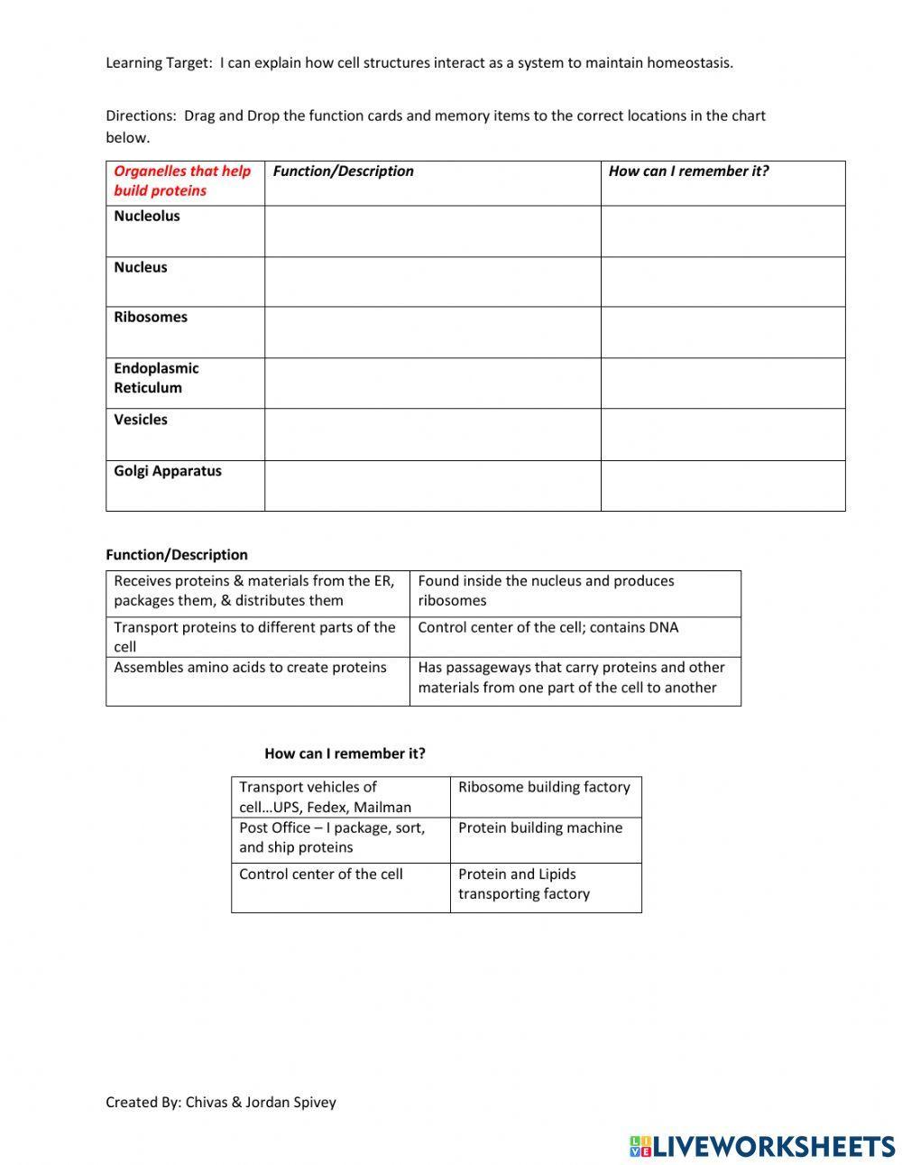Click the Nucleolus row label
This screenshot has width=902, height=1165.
pos(147,217)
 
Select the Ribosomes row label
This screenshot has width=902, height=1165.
pos(151,318)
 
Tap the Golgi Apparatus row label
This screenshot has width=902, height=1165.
pos(168,471)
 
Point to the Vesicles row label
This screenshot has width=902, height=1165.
pos(141,420)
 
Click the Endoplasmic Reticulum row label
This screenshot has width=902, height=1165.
pos(156,378)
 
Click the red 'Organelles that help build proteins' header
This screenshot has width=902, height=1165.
pos(182,180)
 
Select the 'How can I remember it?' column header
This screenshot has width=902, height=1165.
pos(688,171)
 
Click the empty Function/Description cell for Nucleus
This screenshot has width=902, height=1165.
pos(432,282)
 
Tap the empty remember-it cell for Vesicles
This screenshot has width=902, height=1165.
pos(723,434)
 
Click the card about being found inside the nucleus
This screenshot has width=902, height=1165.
pos(575,592)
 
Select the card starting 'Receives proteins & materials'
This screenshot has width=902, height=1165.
pos(257,592)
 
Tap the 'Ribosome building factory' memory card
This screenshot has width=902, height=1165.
pos(545,788)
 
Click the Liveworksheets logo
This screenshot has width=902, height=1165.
pos(761,1145)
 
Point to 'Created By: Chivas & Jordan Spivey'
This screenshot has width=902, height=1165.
pos(221,1102)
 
